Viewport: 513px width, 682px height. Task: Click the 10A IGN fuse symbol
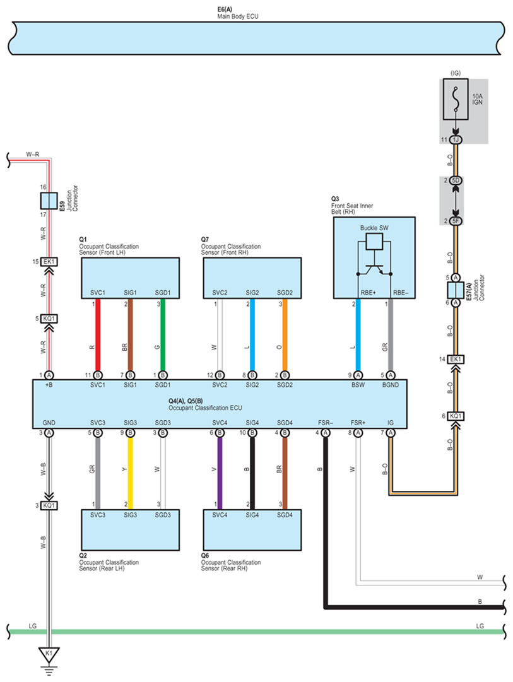tap(456, 99)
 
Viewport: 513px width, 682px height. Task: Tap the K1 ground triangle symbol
tap(49, 655)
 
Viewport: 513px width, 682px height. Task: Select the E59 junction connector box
tap(49, 201)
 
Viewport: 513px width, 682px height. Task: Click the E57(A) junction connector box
tap(456, 290)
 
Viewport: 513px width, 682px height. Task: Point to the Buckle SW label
tap(374, 228)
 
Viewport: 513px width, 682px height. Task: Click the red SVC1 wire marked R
tap(98, 335)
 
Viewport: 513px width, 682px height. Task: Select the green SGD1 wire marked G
tap(163, 335)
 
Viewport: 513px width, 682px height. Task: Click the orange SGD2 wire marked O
tap(285, 335)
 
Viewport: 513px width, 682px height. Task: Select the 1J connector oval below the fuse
tap(456, 139)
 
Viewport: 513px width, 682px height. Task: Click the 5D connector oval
tap(456, 180)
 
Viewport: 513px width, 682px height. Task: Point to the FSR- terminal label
tap(326, 423)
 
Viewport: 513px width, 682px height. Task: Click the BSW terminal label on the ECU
tap(358, 385)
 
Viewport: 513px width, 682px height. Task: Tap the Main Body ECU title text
tap(238, 16)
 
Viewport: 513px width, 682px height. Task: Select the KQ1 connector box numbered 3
tap(49, 505)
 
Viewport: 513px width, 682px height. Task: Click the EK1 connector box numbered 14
tap(456, 359)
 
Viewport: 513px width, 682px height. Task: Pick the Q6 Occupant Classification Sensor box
tap(252, 530)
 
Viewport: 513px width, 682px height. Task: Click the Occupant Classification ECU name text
tap(205, 408)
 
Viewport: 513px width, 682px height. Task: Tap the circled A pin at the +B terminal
tap(49, 375)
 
